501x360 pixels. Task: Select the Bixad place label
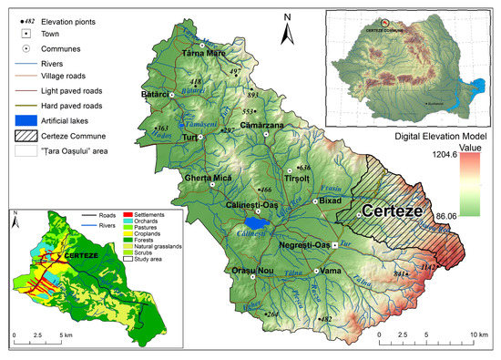(329, 197)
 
